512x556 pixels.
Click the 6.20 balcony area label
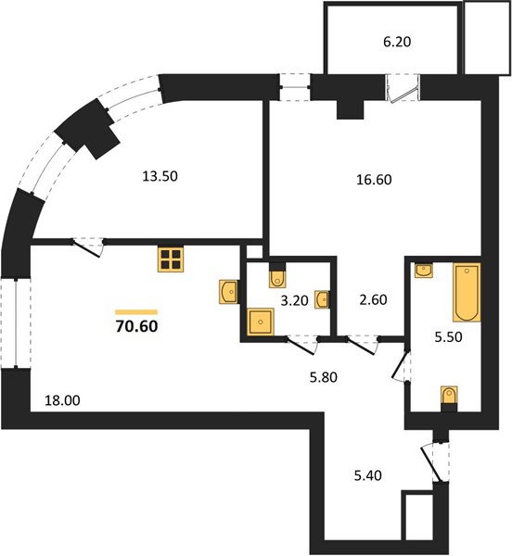tap(397, 42)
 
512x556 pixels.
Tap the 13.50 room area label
tap(160, 176)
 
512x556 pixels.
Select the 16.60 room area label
tap(374, 180)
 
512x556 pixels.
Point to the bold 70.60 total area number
tap(136, 326)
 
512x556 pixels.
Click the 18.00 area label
tap(62, 400)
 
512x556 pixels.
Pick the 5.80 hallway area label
tap(323, 377)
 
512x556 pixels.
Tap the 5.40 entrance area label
tap(368, 475)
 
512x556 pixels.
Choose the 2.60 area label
tap(373, 300)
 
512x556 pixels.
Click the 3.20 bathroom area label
tap(294, 301)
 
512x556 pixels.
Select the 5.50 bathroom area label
tap(449, 337)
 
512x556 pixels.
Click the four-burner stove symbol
tap(171, 259)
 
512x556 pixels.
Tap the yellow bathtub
tap(467, 293)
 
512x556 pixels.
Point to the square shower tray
tap(261, 322)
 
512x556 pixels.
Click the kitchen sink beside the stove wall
tap(228, 292)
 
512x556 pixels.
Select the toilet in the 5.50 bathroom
tap(449, 398)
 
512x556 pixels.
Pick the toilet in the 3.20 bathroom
tap(277, 276)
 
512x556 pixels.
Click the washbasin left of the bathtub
tap(424, 271)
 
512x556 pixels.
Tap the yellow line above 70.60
tap(136, 312)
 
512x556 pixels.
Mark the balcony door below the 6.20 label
tap(402, 89)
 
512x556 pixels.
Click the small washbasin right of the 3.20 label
tap(322, 300)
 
